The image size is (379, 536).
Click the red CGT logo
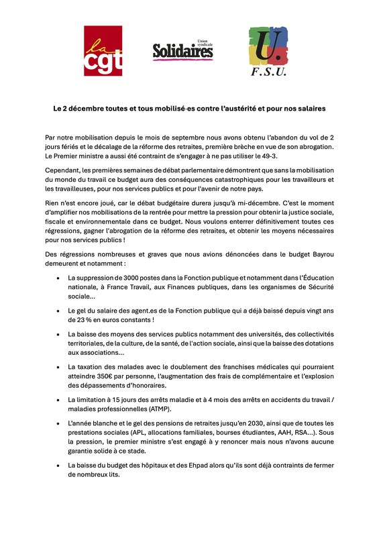(x=103, y=51)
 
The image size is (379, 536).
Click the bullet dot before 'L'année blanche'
(x=58, y=423)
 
